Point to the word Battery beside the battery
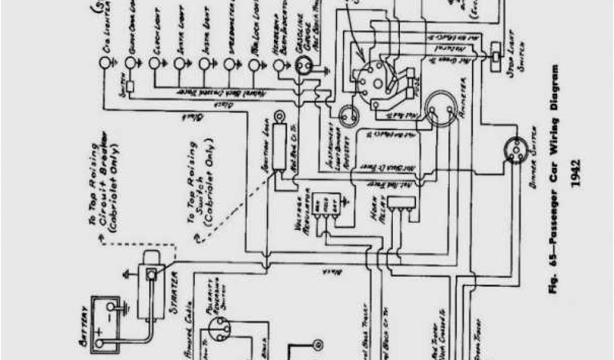pyautogui.click(x=83, y=326)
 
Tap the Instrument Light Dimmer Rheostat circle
pyautogui.click(x=348, y=113)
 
